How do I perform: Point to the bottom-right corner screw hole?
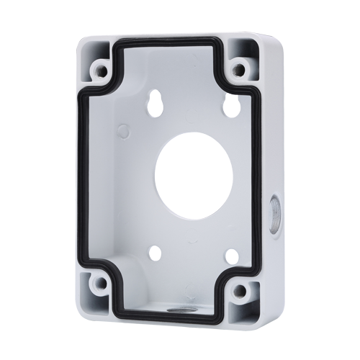click(234, 287)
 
